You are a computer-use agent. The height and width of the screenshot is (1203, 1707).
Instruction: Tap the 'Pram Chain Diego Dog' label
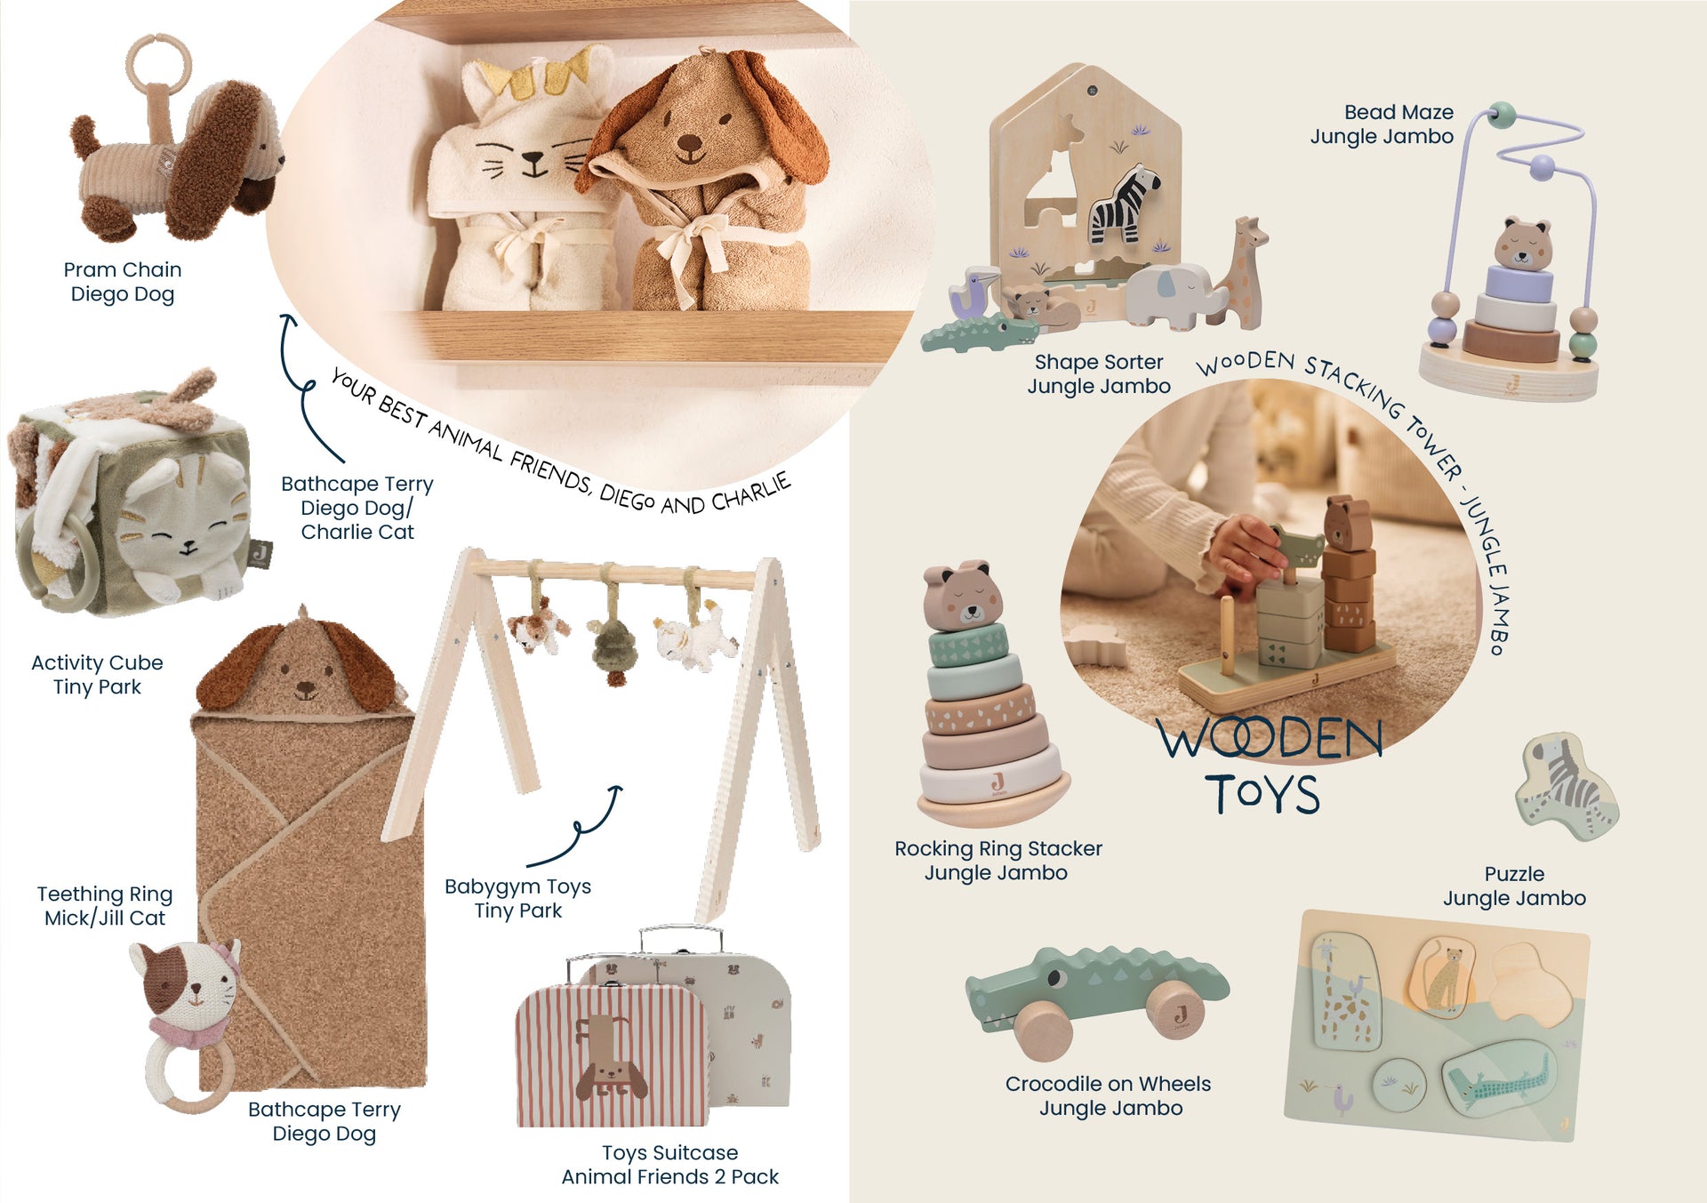[123, 282]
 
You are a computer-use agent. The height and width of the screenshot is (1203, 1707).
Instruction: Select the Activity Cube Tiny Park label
[97, 675]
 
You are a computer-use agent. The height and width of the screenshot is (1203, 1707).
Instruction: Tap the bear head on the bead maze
[1522, 243]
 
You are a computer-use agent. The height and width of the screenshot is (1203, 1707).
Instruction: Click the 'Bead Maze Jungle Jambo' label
[1382, 124]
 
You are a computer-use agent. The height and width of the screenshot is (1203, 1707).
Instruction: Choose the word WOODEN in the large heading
[1270, 738]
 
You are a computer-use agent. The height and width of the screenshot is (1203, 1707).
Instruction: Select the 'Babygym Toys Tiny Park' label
[517, 899]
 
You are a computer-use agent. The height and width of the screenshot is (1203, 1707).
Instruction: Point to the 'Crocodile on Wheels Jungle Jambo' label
[1109, 1096]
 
